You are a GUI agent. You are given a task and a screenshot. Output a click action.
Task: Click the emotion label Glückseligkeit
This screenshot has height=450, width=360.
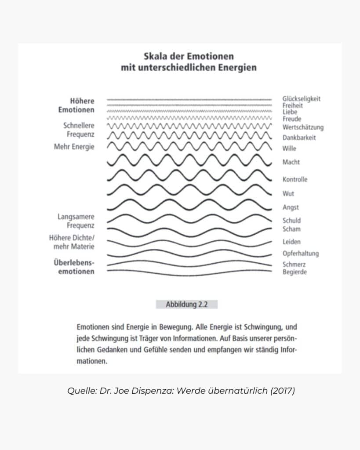click(301, 99)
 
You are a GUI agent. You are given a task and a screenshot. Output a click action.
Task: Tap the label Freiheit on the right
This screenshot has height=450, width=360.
click(292, 105)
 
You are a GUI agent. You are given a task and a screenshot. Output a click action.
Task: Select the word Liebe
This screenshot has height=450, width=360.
click(290, 112)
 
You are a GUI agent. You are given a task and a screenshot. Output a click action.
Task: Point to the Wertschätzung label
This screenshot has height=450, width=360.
click(303, 127)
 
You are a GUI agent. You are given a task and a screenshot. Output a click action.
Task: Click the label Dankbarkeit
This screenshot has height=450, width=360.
click(299, 138)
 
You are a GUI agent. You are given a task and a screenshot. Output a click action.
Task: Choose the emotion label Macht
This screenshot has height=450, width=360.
click(291, 162)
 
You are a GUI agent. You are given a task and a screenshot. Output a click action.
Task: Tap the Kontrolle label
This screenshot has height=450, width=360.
click(295, 179)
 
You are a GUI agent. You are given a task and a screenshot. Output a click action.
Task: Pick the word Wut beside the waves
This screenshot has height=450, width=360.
click(288, 193)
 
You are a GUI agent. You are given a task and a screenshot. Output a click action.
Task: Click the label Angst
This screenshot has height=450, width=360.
click(291, 207)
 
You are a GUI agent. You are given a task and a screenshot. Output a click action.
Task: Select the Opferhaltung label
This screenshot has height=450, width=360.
click(301, 254)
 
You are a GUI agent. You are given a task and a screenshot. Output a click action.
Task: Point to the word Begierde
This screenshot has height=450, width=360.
click(295, 272)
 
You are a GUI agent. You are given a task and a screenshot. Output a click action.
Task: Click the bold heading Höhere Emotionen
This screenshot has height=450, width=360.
click(76, 105)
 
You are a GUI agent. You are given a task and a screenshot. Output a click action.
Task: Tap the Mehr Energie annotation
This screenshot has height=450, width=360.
click(74, 147)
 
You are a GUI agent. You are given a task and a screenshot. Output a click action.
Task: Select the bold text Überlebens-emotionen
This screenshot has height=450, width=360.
click(74, 267)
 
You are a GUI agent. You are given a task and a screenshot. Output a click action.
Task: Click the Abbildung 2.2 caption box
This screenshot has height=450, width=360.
click(186, 304)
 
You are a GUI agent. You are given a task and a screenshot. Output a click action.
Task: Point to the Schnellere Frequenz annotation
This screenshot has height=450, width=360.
click(79, 130)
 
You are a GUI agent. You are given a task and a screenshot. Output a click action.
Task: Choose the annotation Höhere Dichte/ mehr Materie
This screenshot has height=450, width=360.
click(72, 242)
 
